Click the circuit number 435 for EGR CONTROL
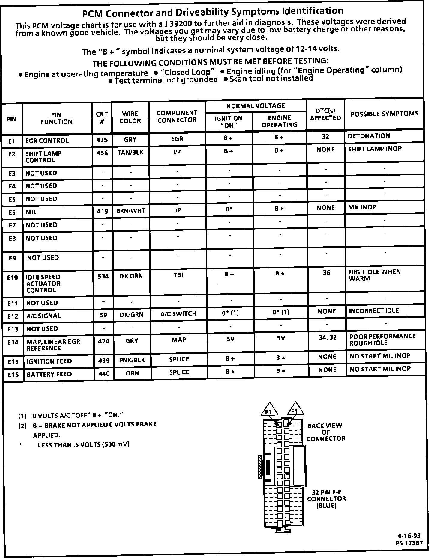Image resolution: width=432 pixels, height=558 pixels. tap(102, 140)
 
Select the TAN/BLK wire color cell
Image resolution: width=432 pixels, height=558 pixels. tap(130, 153)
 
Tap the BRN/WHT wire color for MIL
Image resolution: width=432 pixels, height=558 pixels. tap(131, 211)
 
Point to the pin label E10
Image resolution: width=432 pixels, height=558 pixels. tap(13, 278)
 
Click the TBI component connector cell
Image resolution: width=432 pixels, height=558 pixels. tap(178, 275)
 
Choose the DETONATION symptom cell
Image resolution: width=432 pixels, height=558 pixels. tap(369, 136)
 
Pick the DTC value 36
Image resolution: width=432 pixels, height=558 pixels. tap(326, 272)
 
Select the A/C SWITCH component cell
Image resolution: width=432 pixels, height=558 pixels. tap(178, 314)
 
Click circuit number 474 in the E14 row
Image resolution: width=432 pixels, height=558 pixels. tap(104, 341)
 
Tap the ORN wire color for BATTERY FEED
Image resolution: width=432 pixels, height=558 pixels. tap(132, 373)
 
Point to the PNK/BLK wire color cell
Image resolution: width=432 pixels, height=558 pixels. tap(132, 360)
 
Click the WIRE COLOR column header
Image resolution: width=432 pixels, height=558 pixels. tap(130, 117)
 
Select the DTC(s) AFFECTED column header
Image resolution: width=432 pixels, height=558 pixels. tap(325, 114)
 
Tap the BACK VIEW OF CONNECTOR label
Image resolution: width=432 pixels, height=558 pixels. tap(326, 432)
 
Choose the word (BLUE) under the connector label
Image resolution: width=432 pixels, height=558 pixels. tap(327, 506)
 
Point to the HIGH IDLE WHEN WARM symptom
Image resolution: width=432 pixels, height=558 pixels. tap(374, 275)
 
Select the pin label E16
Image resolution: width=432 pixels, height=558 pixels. tap(13, 375)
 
